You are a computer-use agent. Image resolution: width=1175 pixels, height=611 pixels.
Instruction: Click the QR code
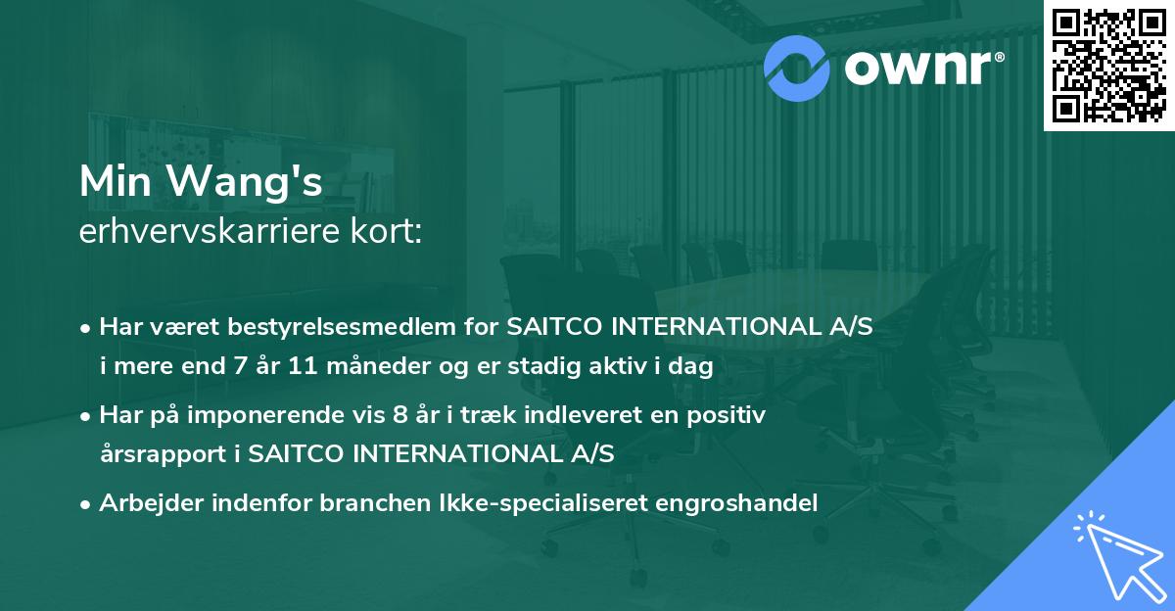coord(1108,66)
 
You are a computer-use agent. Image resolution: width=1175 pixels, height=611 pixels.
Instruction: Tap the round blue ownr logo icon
coord(797,66)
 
